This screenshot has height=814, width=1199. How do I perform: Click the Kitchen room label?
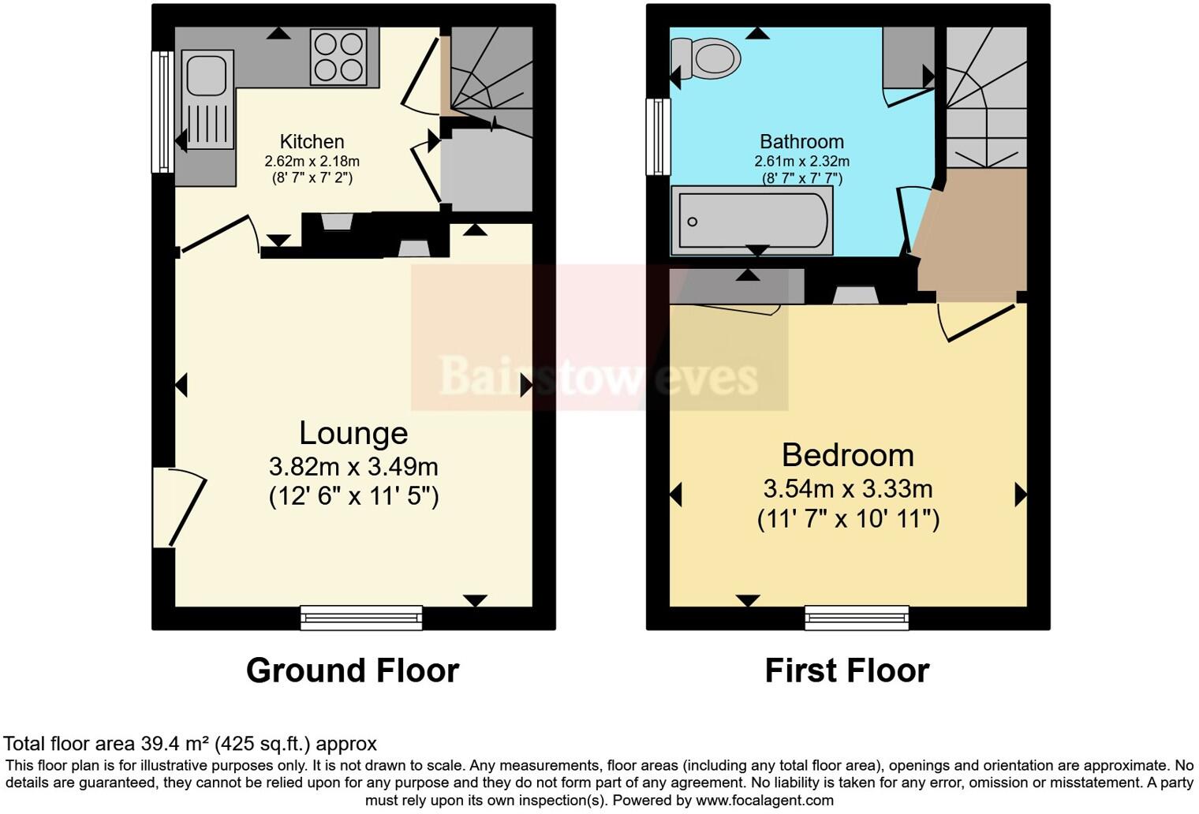point(312,142)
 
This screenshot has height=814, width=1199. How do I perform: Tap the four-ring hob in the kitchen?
point(338,57)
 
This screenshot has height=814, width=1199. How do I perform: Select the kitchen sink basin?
point(207,76)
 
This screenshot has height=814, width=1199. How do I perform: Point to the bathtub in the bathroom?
point(752,221)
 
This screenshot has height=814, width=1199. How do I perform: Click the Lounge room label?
point(353,433)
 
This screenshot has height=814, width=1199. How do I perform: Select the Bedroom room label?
point(848,455)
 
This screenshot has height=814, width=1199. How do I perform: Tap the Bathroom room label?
point(801,142)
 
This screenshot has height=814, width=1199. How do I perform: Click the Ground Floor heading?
point(353,670)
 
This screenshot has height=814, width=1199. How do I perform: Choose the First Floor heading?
point(847,670)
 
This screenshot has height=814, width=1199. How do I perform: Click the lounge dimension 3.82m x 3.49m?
point(353,467)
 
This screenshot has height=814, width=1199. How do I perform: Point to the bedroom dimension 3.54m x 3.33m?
point(848,489)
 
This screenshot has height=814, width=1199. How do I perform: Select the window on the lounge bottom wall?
point(361,618)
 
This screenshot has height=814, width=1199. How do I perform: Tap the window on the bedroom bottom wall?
point(857,618)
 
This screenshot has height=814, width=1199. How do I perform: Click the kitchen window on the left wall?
point(162,111)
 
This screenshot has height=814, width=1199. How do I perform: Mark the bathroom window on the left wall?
point(657,136)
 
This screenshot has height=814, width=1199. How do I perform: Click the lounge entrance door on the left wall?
point(177,507)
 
